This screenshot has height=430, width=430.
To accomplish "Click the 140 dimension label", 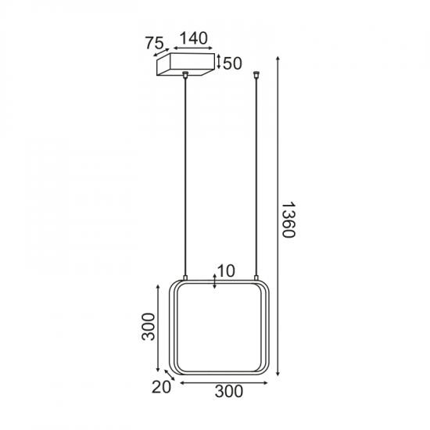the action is coord(193,38).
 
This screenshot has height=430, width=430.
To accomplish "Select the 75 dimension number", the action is coord(154,43).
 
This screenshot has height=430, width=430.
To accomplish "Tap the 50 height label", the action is coord(232,63).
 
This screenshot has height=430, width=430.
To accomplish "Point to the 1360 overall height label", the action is coord(288,220).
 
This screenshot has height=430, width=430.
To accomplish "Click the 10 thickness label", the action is coord(226,271).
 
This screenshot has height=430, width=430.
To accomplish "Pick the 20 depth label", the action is coord(161,387).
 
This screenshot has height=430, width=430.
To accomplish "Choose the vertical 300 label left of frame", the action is coord(149,327).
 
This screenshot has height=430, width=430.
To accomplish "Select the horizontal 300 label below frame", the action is coord(229,392).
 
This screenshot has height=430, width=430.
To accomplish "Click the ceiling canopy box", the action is coord(185,64).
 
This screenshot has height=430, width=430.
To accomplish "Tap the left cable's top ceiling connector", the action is coord(185,74).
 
